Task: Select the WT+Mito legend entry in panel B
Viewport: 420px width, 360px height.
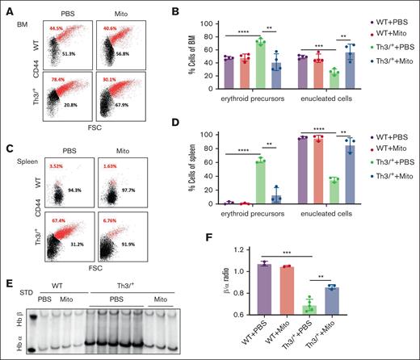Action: coord(380,35)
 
